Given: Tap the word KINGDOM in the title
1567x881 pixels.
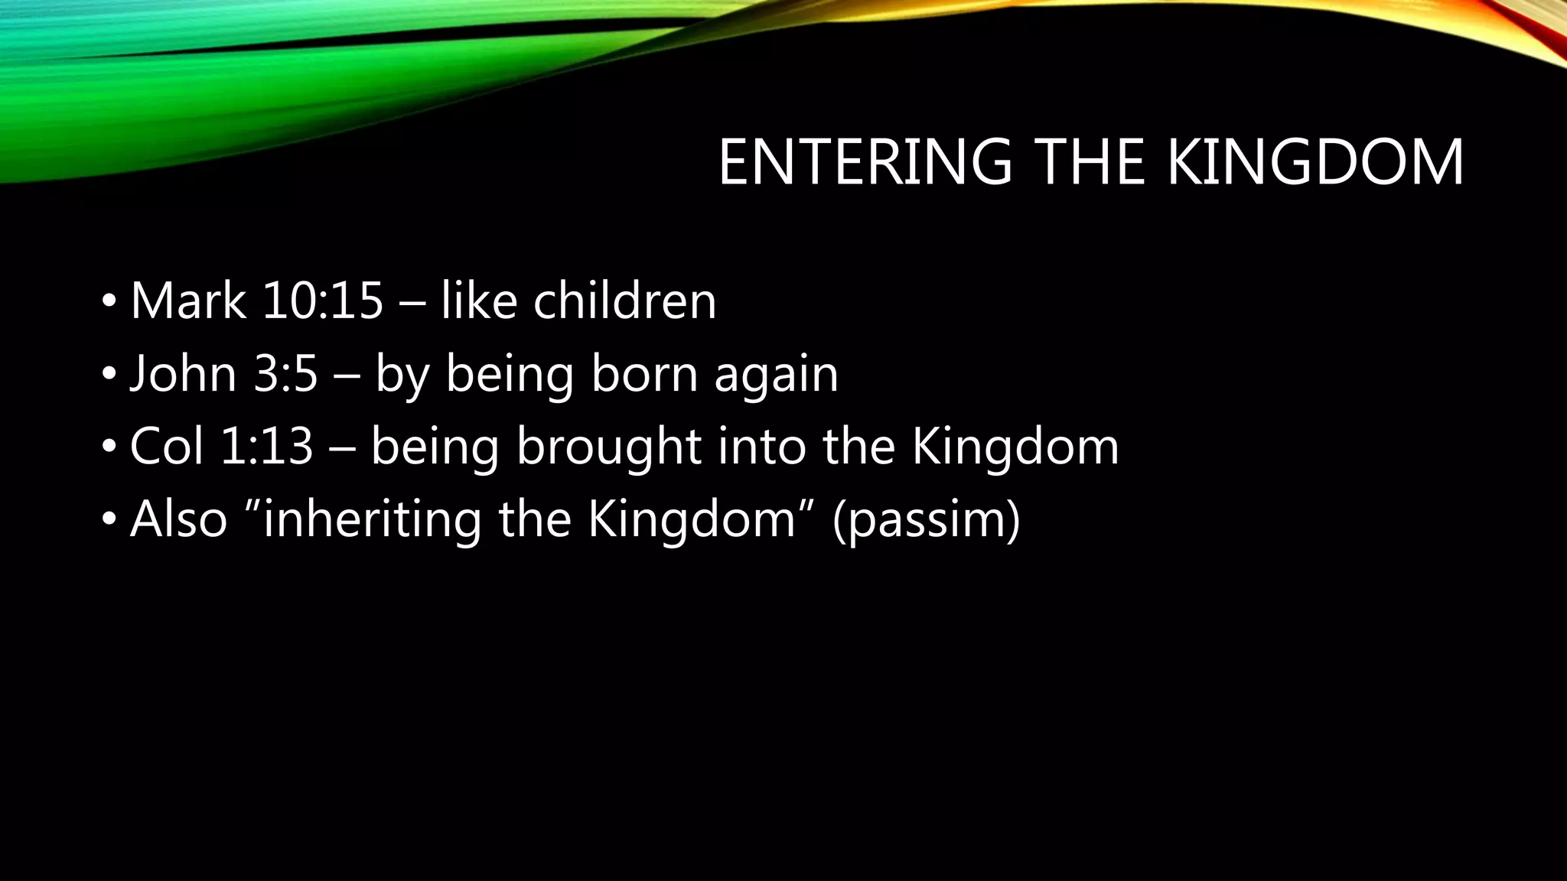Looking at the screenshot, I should coord(1315,162).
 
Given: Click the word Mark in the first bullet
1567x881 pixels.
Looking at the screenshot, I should coord(188,301).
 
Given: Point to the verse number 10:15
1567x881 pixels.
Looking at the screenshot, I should coord(322,301).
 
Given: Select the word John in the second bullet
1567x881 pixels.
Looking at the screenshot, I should coord(183,374).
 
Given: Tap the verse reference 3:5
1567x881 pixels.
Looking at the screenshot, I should coord(285,374).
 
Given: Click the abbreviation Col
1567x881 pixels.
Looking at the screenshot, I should coord(167,447).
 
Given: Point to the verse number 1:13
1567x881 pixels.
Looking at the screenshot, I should coord(267,447).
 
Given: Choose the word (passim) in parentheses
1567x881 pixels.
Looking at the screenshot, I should coord(926,521).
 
